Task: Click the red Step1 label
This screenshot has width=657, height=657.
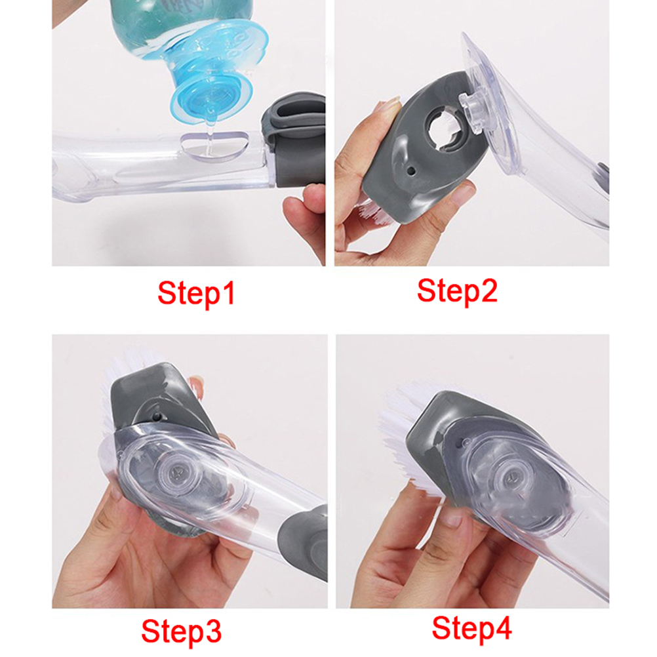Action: tap(196, 294)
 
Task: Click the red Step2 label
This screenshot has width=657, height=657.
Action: tap(457, 292)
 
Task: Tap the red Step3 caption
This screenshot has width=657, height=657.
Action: tap(181, 631)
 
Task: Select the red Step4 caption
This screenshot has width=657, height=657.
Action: tap(472, 629)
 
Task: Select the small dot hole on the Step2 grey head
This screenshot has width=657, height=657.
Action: tap(411, 170)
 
